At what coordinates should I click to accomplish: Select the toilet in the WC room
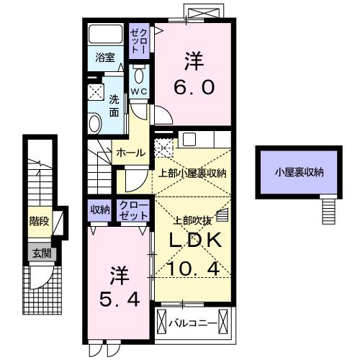pos(139,75)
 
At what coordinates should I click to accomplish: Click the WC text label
pos(139,91)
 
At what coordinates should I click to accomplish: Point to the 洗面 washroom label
pos(114,105)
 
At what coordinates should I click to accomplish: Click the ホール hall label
pos(130,153)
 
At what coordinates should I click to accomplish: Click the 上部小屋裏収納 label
pos(192,173)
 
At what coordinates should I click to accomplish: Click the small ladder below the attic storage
pos(328,210)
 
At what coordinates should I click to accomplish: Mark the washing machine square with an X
pos(96,91)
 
